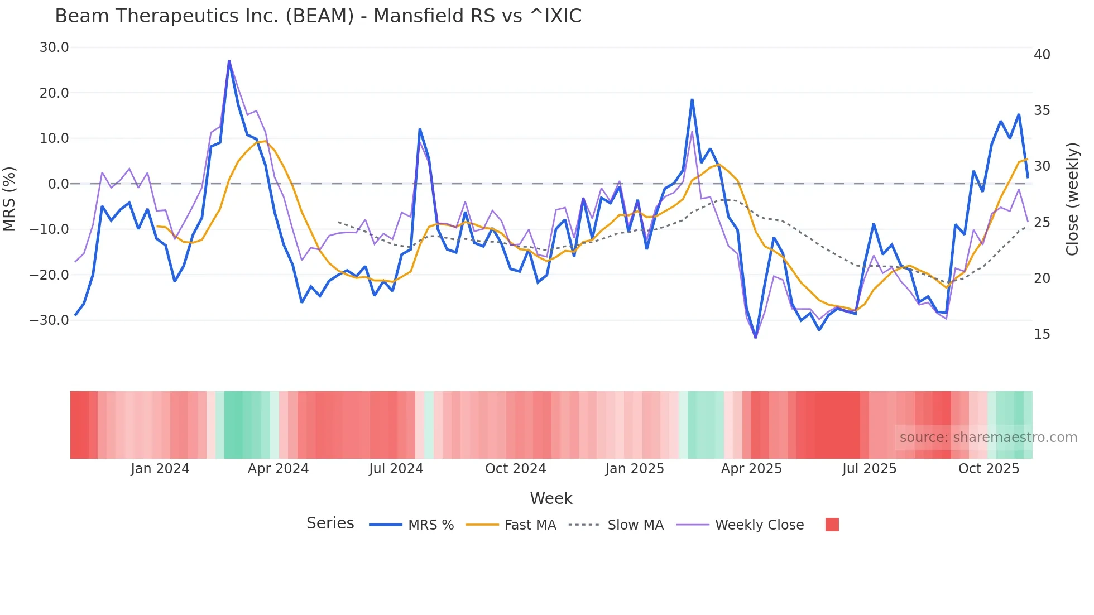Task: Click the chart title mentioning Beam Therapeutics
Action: pos(318,16)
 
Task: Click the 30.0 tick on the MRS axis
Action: pos(54,47)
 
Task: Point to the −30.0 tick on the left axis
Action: pos(49,320)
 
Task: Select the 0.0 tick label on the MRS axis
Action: pos(58,184)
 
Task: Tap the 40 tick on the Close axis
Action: pos(1042,55)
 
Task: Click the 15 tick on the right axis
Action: pos(1042,334)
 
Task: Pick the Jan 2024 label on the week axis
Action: pos(160,469)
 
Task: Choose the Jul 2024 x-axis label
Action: pos(396,469)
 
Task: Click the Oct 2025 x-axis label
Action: pos(989,469)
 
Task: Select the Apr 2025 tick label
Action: pos(751,469)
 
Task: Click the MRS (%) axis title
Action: pos(9,199)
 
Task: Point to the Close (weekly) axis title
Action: pos(1072,199)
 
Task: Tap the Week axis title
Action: pos(551,498)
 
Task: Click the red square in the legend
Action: pos(832,525)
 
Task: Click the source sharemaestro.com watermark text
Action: pos(988,438)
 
